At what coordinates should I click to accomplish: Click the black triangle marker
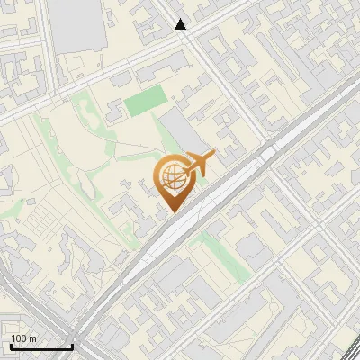[x=181, y=25]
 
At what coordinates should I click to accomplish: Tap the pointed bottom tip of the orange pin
[x=171, y=212]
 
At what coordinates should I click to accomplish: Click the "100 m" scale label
[x=23, y=337]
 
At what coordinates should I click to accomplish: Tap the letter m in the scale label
[x=32, y=337]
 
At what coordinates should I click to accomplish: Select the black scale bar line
[x=40, y=346]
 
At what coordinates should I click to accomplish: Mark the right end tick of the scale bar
[x=71, y=345]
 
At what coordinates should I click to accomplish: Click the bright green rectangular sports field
[x=144, y=102]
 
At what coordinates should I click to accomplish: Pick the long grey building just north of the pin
[x=183, y=133]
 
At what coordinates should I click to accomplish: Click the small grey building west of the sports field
[x=113, y=112]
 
